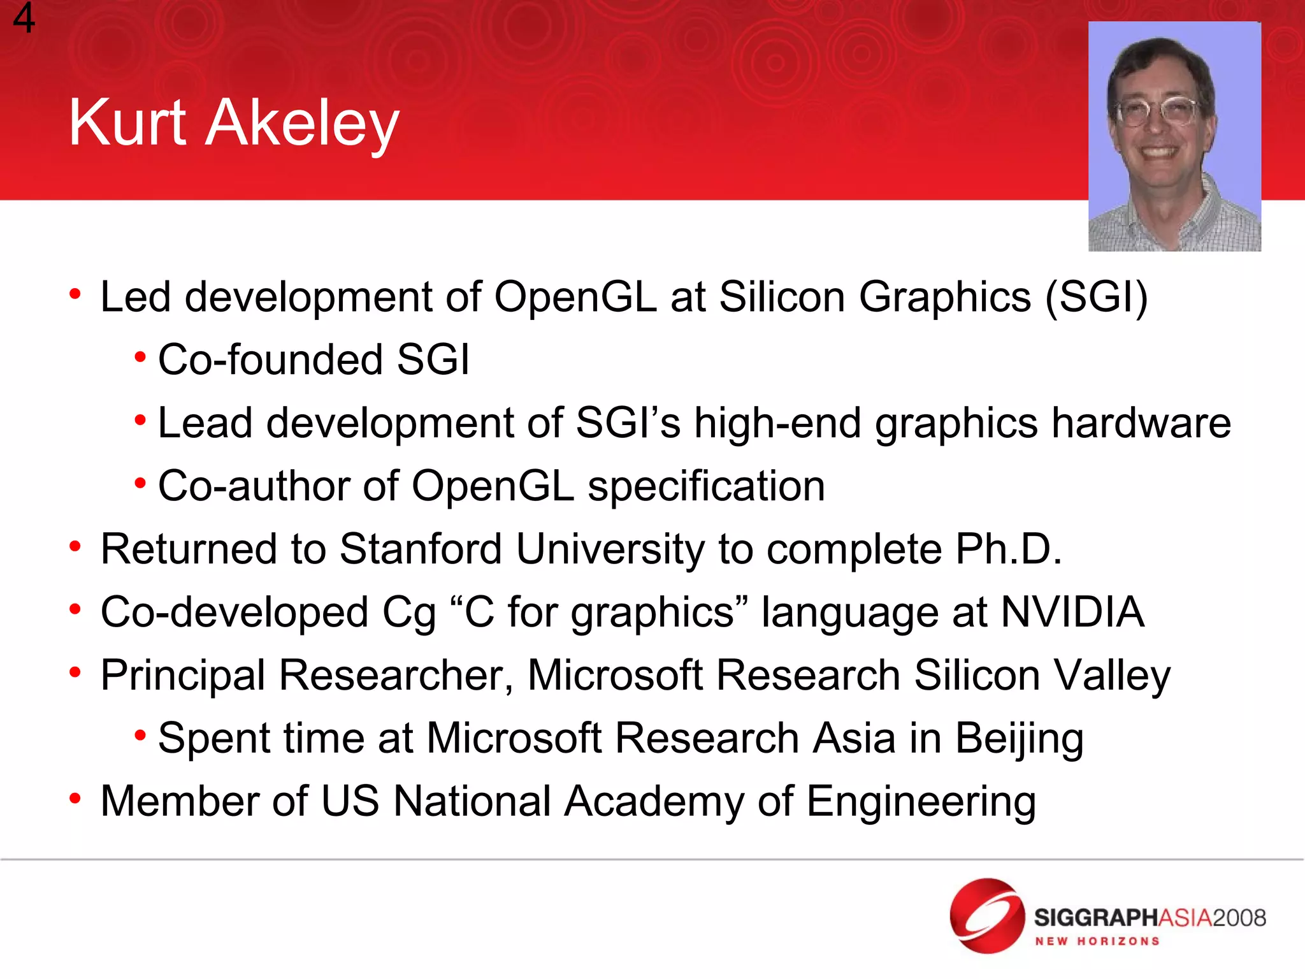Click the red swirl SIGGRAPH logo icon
986,916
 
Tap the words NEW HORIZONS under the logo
1097,941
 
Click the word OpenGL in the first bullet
575,297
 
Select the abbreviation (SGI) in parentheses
1096,297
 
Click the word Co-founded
269,359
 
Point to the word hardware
1141,423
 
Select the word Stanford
421,549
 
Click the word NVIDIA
1072,612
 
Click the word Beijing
1019,739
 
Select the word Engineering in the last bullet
921,802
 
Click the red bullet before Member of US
75,798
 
